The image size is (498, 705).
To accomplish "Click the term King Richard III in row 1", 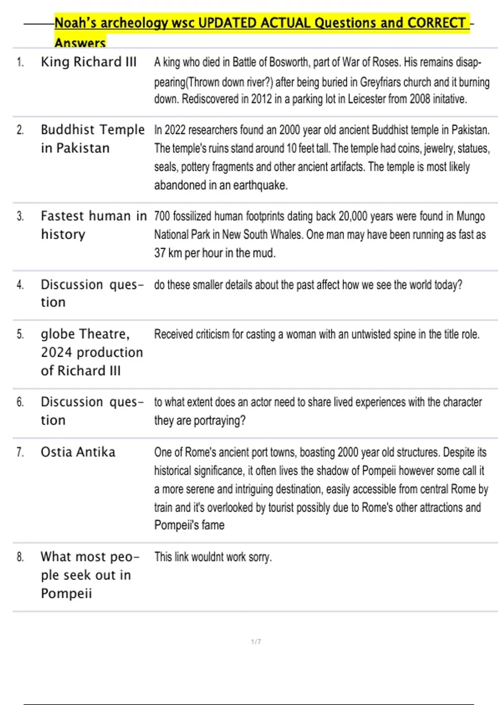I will point(88,62).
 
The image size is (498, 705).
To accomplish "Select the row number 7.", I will point(20,452).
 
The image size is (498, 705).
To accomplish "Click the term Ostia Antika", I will point(78,452).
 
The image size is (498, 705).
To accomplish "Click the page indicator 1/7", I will point(256,642).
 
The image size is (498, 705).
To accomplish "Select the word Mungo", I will point(471,216).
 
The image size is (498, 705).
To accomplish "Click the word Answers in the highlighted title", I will point(80,42).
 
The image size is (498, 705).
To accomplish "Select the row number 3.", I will point(20,216).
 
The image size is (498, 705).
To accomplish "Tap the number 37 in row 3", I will point(160,253).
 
